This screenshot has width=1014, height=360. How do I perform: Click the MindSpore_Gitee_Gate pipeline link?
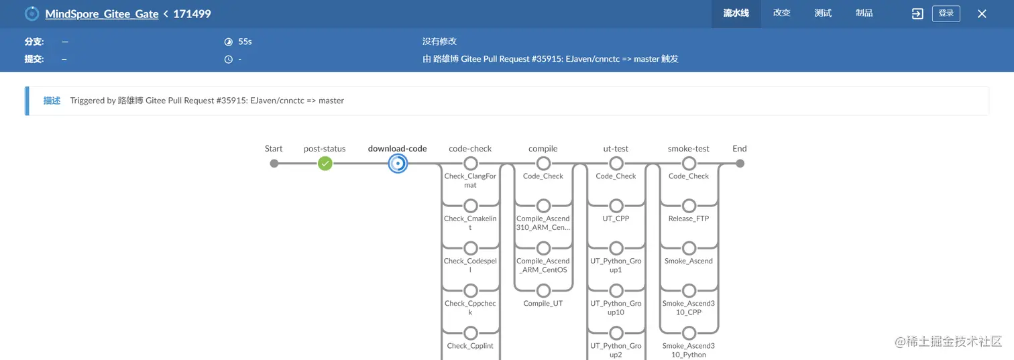click(x=102, y=14)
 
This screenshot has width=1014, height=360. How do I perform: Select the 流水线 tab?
click(x=736, y=13)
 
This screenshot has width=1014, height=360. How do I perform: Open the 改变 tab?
click(x=781, y=13)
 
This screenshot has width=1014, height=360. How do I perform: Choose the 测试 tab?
click(x=823, y=13)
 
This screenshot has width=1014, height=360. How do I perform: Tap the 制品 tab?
click(x=864, y=13)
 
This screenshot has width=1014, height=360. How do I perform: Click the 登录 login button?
click(x=946, y=13)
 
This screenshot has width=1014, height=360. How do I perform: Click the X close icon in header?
click(x=982, y=14)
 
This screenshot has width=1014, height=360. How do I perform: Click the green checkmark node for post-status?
click(x=325, y=164)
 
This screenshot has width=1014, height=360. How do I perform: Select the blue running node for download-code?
click(x=398, y=164)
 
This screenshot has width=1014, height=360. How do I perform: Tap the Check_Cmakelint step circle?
click(x=471, y=206)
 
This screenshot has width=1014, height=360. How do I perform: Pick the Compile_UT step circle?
click(x=543, y=291)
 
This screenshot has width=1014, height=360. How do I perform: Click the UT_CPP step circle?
click(x=616, y=206)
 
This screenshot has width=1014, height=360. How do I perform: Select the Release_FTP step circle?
click(x=689, y=206)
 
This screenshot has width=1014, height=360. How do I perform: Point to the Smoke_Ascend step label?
click(x=689, y=261)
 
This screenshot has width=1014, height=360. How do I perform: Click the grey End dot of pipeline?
click(x=740, y=164)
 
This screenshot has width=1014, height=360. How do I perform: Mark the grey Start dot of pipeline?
click(x=274, y=164)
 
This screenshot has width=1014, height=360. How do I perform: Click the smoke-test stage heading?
click(x=689, y=149)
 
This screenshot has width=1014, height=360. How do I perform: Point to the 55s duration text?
click(x=245, y=42)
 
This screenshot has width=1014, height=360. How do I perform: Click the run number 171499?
click(x=192, y=14)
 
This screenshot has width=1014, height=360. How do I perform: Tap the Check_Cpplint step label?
click(x=470, y=346)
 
